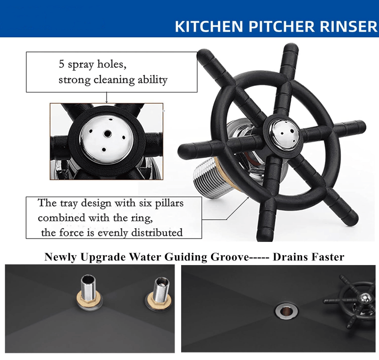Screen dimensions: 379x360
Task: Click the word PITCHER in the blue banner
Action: point(282,26)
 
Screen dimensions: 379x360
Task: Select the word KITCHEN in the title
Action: point(209,26)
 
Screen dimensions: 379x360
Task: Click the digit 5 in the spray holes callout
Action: point(61,64)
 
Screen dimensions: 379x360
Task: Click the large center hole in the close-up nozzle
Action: point(107,133)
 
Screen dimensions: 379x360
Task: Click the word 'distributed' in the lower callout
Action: point(157,232)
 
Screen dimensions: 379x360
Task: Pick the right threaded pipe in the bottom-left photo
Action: point(162,289)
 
